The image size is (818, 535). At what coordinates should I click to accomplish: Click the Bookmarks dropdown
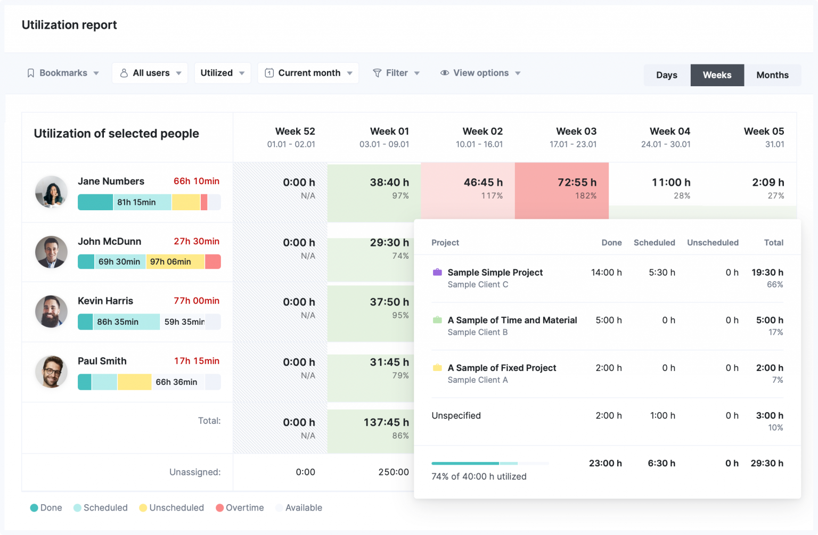click(63, 73)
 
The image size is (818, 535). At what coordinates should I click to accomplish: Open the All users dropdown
click(150, 73)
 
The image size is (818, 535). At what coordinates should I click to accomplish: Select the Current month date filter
click(308, 73)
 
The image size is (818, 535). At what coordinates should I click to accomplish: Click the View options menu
click(480, 73)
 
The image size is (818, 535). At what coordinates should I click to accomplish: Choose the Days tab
click(666, 75)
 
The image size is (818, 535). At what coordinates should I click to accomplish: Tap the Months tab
click(772, 75)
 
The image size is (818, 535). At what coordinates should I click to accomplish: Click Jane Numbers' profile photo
click(51, 192)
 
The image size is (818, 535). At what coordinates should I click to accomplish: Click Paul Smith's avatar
click(51, 372)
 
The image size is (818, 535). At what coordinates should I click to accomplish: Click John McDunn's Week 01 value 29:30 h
click(389, 243)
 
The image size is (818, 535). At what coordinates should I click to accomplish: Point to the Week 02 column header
click(482, 137)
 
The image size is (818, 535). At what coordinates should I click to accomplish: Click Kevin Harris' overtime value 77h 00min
click(197, 301)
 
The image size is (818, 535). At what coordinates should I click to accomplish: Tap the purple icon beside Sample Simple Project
click(437, 273)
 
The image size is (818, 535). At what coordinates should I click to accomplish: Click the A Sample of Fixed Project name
click(502, 368)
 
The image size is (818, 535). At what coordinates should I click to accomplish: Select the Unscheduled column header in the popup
click(713, 243)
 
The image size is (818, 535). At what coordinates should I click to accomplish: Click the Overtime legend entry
click(240, 508)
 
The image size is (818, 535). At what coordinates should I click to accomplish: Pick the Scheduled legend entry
click(101, 508)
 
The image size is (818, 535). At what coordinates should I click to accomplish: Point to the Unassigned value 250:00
click(394, 472)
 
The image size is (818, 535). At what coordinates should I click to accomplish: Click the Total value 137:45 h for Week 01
click(386, 423)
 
